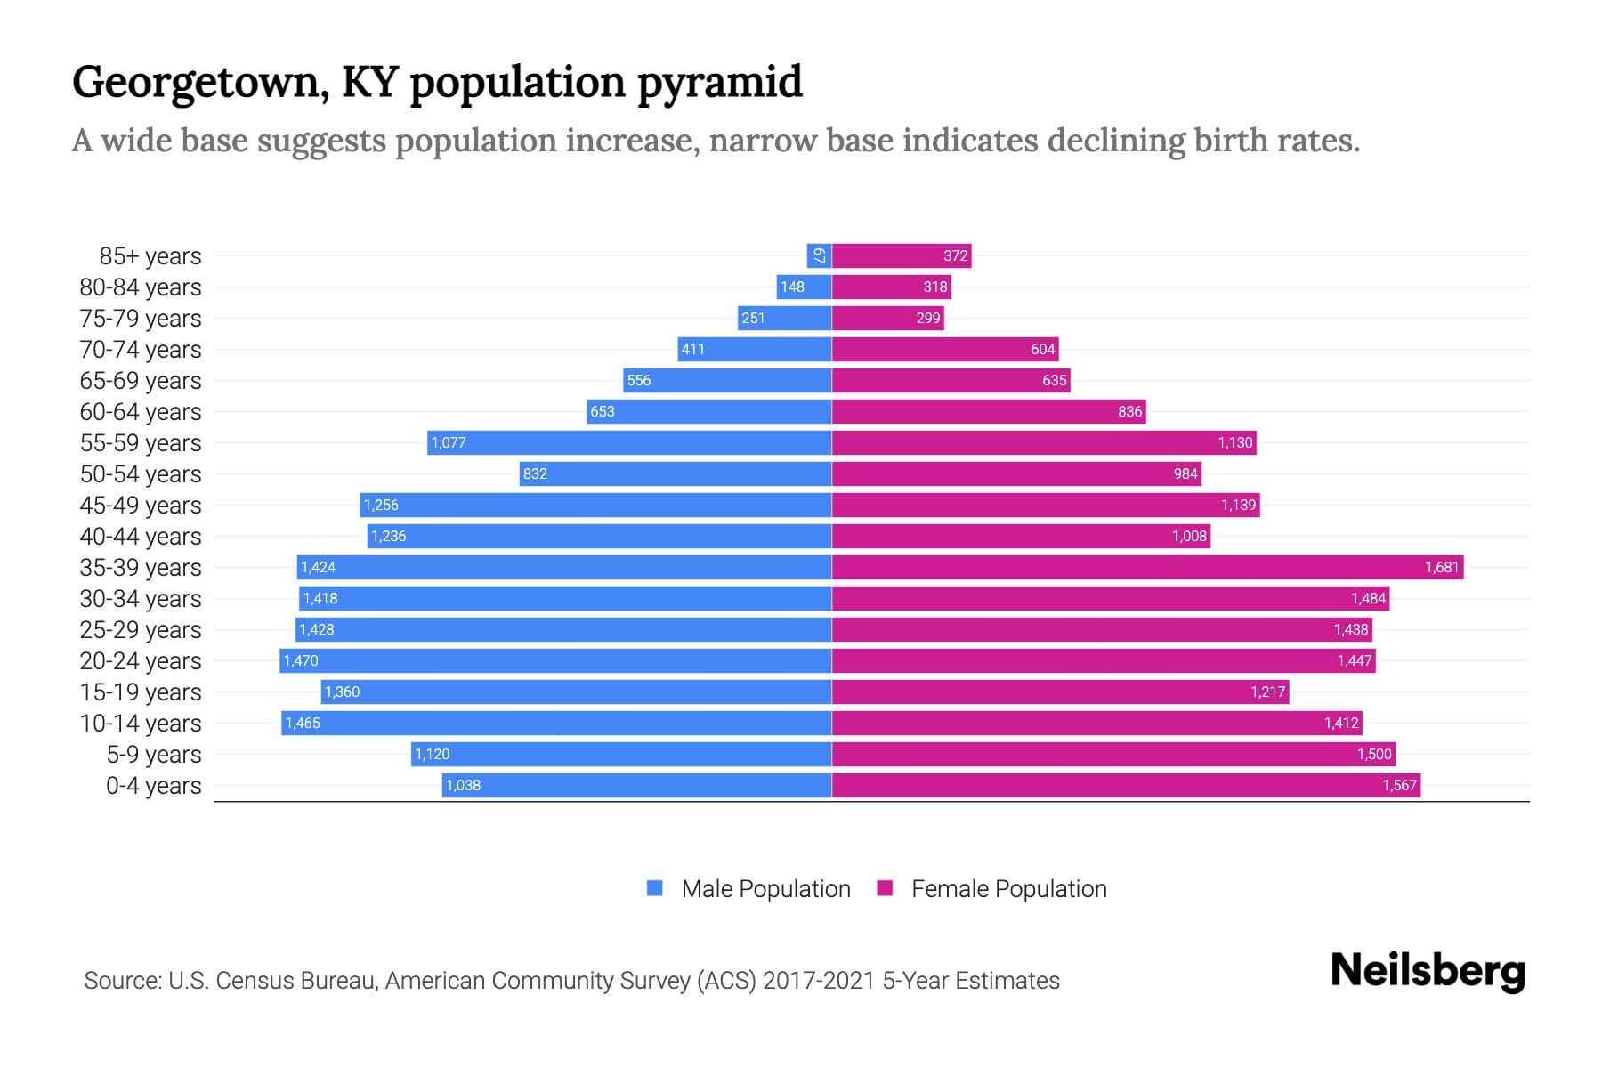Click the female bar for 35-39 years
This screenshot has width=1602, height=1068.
point(1147,567)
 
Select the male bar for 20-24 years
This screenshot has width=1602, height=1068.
point(555,660)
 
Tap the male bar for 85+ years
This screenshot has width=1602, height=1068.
point(819,255)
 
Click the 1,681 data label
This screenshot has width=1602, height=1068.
point(1442,567)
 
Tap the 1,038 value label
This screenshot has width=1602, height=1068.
point(463,785)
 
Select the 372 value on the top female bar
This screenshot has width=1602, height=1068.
point(955,255)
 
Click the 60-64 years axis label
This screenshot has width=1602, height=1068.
point(141,411)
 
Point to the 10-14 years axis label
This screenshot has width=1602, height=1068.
point(141,723)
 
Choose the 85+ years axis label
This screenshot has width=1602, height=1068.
point(150,255)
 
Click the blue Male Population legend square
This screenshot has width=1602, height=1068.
point(655,888)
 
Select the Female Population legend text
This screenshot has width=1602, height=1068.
point(1008,888)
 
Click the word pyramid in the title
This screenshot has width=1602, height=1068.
point(720,82)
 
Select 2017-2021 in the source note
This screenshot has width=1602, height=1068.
point(819,980)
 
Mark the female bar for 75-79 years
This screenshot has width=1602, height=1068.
point(887,318)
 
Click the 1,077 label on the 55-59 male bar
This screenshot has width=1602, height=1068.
point(449,442)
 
